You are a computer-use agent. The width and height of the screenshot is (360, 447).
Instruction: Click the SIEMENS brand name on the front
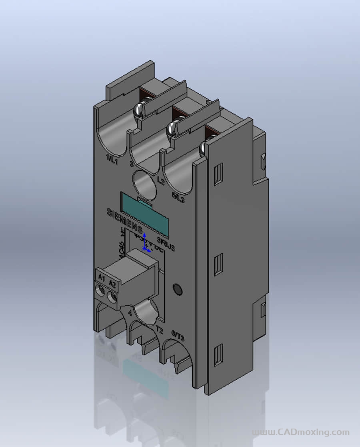pyautogui.click(x=124, y=220)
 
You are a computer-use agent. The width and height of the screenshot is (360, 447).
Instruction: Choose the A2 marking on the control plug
pyautogui.click(x=112, y=285)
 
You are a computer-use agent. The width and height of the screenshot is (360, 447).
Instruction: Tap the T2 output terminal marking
pyautogui.click(x=159, y=330)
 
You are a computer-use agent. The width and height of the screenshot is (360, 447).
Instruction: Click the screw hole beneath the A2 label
pyautogui.click(x=112, y=297)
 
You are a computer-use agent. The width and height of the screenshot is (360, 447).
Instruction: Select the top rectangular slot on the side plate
pyautogui.click(x=218, y=174)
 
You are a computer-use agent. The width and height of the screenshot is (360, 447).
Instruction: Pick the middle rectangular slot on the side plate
pyautogui.click(x=218, y=265)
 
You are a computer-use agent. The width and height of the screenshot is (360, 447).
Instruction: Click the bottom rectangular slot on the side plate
pyautogui.click(x=218, y=355)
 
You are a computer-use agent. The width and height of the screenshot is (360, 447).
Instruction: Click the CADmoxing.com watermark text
pyautogui.click(x=300, y=432)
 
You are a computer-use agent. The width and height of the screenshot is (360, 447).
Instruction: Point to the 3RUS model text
pyautogui.click(x=166, y=245)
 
